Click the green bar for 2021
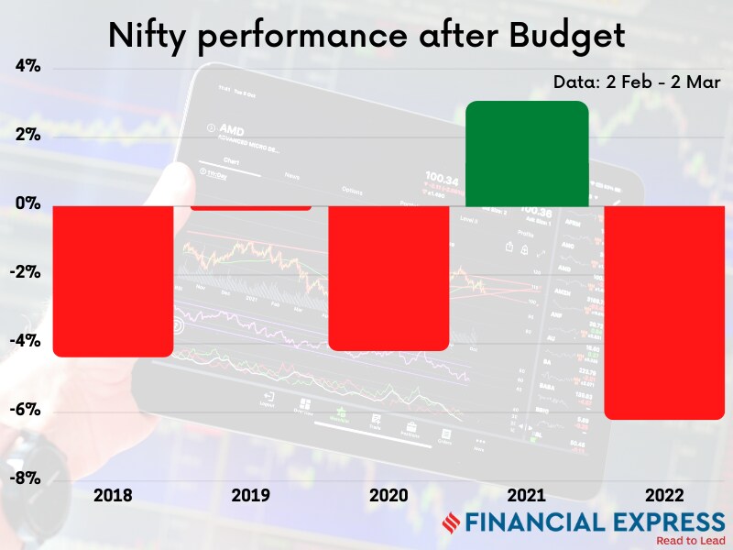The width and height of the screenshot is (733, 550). (x=527, y=153)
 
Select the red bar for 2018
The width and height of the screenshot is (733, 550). (x=114, y=280)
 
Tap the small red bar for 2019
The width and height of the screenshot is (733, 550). (x=251, y=206)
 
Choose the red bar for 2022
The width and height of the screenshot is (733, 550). (x=664, y=312)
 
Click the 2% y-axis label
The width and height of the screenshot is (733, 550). (x=27, y=135)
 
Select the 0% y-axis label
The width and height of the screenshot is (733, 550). (x=27, y=203)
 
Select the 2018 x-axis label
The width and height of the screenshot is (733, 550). (x=114, y=496)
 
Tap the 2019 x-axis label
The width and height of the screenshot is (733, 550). (x=251, y=496)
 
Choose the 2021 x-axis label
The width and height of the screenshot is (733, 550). (x=527, y=496)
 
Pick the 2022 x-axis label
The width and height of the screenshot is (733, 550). (x=664, y=496)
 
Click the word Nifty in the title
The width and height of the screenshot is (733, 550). (x=149, y=36)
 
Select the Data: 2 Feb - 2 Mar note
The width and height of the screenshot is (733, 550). (x=637, y=82)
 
